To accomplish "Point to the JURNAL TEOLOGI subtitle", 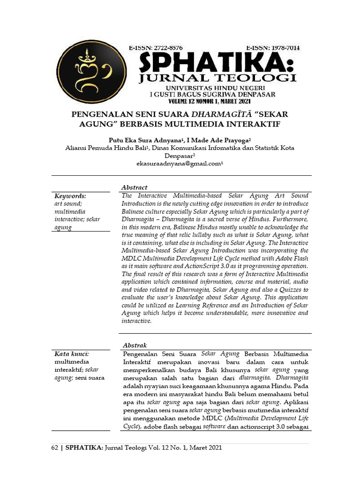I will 217,78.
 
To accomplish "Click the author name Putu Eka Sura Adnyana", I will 145,140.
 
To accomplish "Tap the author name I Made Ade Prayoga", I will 218,140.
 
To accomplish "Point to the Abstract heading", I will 135,187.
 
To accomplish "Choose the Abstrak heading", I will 135,345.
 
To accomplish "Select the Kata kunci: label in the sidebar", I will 72,354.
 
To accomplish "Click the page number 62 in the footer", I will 54,448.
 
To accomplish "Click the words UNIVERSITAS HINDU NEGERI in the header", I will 212,88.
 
